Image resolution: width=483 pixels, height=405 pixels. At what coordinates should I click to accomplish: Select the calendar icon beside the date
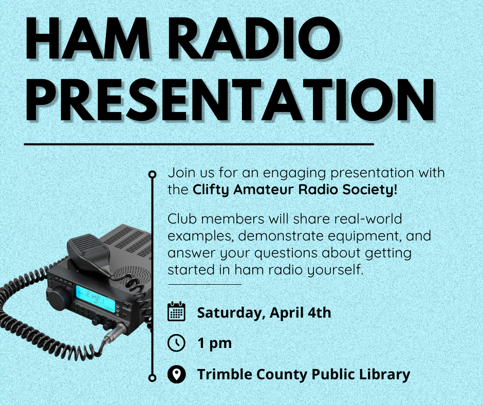pyautogui.click(x=176, y=312)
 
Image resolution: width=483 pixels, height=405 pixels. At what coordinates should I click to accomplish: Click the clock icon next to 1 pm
pyautogui.click(x=176, y=343)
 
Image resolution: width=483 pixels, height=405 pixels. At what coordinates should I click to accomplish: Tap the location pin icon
pyautogui.click(x=176, y=374)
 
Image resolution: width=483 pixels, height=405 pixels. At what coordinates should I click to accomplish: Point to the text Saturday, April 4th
pyautogui.click(x=264, y=312)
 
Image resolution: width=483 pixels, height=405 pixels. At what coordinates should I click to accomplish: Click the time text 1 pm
pyautogui.click(x=214, y=343)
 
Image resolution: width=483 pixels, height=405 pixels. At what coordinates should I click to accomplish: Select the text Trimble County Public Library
pyautogui.click(x=303, y=374)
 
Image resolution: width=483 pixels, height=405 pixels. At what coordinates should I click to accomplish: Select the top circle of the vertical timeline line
pyautogui.click(x=152, y=174)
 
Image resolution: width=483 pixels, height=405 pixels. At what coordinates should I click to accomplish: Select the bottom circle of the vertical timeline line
pyautogui.click(x=152, y=378)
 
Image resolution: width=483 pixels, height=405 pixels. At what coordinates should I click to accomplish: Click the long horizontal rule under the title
pyautogui.click(x=199, y=144)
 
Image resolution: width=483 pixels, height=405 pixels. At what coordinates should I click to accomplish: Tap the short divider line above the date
pyautogui.click(x=205, y=284)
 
